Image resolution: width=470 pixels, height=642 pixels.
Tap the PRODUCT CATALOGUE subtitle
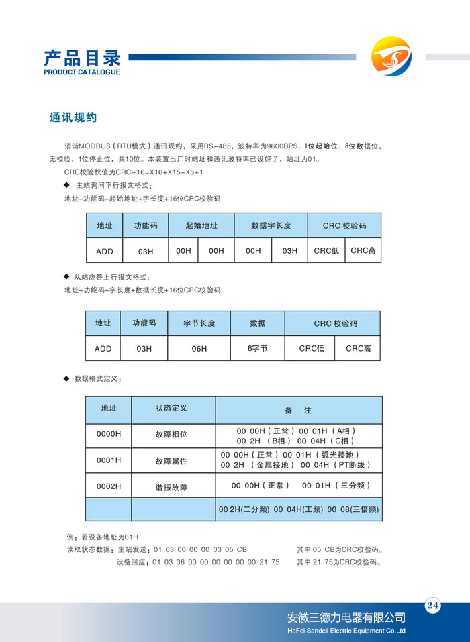(81, 72)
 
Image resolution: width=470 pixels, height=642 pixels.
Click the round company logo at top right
(391, 58)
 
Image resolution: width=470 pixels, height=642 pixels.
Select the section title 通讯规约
(73, 117)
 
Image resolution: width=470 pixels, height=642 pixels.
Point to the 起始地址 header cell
(201, 226)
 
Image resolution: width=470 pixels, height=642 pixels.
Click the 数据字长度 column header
(271, 226)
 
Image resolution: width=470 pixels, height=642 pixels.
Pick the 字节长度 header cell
(199, 323)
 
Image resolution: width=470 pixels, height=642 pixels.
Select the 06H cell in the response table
(199, 349)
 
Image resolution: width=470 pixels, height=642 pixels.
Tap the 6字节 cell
(258, 349)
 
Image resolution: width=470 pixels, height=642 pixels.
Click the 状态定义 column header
(171, 408)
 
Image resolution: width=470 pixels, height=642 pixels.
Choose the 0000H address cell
(109, 434)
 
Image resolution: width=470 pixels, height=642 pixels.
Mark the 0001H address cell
(109, 460)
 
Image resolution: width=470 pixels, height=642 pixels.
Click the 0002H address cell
(109, 486)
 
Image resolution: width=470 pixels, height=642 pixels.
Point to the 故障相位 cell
(171, 435)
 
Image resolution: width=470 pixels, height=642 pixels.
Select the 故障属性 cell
(171, 462)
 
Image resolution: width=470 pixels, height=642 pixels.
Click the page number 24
(432, 606)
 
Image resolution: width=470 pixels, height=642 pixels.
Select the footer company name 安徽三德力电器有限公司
(346, 618)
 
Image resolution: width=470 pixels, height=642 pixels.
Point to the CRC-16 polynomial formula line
(134, 172)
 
